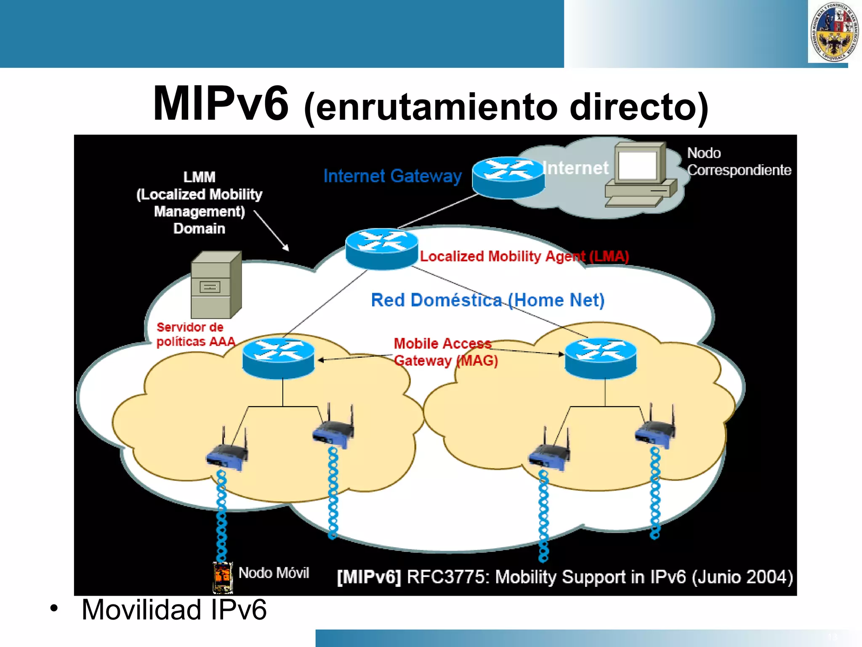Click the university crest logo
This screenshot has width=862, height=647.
(x=834, y=32)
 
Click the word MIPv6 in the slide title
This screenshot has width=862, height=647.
(x=221, y=104)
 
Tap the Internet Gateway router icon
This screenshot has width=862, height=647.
(x=508, y=177)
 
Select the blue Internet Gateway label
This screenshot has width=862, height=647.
(x=392, y=176)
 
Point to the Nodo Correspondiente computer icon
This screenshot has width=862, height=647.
(x=640, y=175)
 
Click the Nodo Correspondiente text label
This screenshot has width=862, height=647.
(x=739, y=161)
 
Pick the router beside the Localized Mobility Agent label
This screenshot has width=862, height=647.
(x=382, y=249)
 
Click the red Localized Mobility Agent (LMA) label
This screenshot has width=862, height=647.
(x=524, y=256)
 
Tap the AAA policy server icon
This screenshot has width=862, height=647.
(x=216, y=285)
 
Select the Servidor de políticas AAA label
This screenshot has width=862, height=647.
(x=195, y=334)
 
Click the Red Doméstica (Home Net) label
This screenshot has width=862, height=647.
(x=487, y=300)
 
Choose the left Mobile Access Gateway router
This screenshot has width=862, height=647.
(x=278, y=358)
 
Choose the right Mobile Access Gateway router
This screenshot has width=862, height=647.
(x=601, y=358)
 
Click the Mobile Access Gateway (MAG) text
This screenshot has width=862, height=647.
(x=445, y=352)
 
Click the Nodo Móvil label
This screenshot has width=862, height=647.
(x=274, y=573)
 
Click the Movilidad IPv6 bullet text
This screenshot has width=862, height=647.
(x=174, y=610)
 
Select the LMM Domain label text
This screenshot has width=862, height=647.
(x=199, y=203)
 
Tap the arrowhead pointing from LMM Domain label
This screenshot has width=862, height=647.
(x=287, y=249)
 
